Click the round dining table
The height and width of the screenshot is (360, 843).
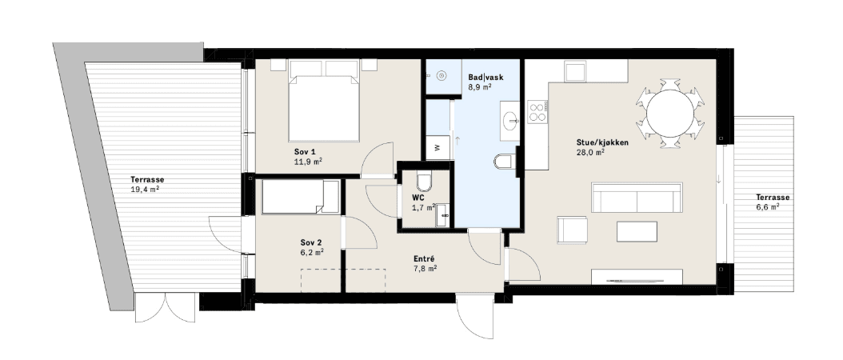pyautogui.click(x=670, y=113)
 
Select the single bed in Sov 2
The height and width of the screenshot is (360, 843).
pyautogui.click(x=301, y=197)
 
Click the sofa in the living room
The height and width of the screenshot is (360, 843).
pyautogui.click(x=637, y=198)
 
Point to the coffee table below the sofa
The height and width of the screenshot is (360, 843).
pyautogui.click(x=637, y=231)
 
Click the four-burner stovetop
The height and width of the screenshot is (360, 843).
pyautogui.click(x=537, y=111)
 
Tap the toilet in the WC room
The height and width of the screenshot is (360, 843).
pyautogui.click(x=424, y=182)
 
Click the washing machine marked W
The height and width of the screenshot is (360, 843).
pyautogui.click(x=437, y=147)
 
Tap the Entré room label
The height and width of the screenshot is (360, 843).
pyautogui.click(x=424, y=259)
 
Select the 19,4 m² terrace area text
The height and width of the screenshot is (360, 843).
pyautogui.click(x=145, y=189)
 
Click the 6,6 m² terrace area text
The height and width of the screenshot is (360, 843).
pyautogui.click(x=769, y=206)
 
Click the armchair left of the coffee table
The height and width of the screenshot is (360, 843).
pyautogui.click(x=572, y=230)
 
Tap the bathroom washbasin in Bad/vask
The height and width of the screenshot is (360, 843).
pyautogui.click(x=509, y=121)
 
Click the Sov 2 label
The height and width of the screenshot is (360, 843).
pyautogui.click(x=311, y=242)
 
